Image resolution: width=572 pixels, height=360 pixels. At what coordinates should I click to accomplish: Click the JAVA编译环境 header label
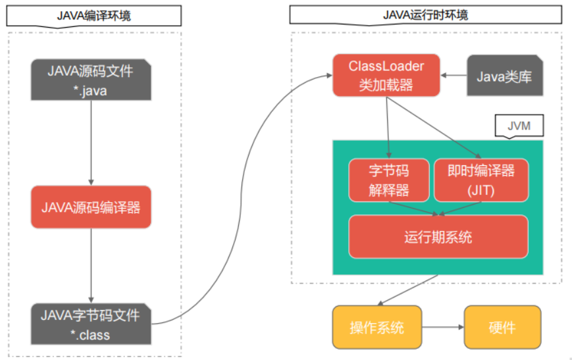pos(94,15)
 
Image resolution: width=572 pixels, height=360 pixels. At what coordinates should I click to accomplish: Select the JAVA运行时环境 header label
pos(425,15)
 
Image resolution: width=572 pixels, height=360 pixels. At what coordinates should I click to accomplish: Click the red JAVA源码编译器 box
pos(91,207)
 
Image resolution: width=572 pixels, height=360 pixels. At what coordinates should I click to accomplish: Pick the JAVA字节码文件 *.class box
pos(91,324)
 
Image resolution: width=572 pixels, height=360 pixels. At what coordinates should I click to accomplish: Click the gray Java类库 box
pos(504,76)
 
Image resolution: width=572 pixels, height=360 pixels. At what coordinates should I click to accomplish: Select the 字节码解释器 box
pos(388,180)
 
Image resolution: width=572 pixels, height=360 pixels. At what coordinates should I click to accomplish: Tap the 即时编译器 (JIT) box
pos(481,180)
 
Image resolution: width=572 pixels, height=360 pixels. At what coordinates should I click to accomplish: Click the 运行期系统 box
pos(438,236)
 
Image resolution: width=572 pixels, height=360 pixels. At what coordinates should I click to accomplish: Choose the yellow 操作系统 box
pos(377,327)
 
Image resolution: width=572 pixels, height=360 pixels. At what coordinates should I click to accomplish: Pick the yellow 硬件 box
pos(502,327)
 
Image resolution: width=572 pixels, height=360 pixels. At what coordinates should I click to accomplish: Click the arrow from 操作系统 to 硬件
pos(442,327)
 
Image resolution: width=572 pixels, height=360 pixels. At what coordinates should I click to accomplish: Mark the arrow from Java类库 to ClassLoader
pos(454,76)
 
